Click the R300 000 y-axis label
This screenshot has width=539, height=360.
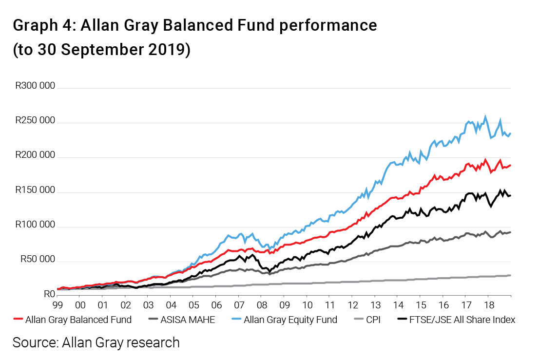coord(35,86)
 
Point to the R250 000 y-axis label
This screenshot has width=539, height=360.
coord(35,121)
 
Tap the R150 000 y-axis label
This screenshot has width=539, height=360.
coord(35,190)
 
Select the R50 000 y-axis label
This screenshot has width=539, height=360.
coord(37,260)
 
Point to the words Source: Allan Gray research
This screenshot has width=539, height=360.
coord(96,342)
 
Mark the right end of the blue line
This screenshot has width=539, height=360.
coord(510,133)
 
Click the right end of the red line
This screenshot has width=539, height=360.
coord(510,165)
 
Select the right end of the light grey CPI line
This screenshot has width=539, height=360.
coord(510,275)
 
